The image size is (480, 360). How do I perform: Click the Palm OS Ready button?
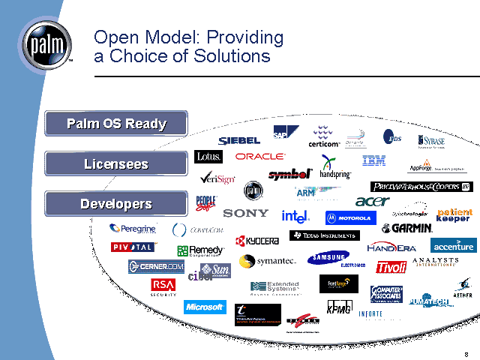(116, 124)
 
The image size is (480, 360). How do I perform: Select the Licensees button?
(116, 163)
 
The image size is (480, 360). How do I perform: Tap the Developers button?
(116, 203)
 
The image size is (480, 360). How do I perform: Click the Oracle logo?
(260, 157)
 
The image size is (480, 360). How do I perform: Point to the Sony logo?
(245, 213)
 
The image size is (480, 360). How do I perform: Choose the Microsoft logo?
(205, 307)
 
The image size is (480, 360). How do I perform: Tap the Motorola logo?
(349, 218)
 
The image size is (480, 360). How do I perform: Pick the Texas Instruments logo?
(324, 235)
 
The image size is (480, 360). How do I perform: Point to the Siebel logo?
(239, 141)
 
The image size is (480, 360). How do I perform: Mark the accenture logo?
(453, 246)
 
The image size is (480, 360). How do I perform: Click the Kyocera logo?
(257, 241)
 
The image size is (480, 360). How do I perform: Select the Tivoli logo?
(391, 267)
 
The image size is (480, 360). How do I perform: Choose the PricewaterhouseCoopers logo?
(421, 186)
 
